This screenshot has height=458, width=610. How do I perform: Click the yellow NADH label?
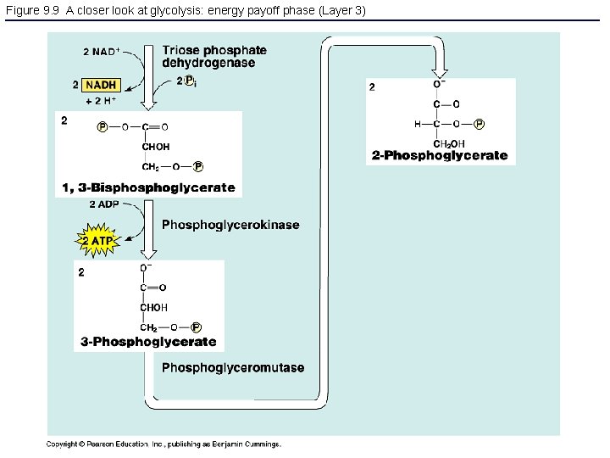[x=100, y=85]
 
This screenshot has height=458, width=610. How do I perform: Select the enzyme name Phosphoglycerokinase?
[x=230, y=225]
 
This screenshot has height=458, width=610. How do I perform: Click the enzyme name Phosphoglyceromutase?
[x=233, y=367]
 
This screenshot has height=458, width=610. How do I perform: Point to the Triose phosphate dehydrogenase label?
[x=214, y=57]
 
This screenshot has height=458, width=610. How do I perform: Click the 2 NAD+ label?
[x=101, y=52]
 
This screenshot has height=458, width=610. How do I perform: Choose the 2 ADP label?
[x=103, y=204]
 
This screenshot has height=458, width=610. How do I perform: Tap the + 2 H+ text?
[x=102, y=101]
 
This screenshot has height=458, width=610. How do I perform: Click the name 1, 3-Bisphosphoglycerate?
[x=149, y=187]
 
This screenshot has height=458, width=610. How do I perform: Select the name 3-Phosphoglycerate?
[x=149, y=342]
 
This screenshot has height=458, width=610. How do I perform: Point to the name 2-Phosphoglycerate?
[x=440, y=155]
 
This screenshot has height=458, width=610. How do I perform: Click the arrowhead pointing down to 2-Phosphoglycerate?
[x=440, y=68]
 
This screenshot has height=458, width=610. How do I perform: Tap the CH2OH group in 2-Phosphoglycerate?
[x=449, y=143]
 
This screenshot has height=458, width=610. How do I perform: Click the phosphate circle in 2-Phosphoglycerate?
[x=480, y=124]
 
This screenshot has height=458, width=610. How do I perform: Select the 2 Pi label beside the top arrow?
[x=186, y=81]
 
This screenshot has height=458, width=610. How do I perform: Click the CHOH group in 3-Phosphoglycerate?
[x=154, y=307]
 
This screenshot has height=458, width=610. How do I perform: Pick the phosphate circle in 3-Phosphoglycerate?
[x=196, y=327]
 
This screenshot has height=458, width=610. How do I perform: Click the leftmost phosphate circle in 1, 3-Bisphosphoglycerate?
[x=103, y=127]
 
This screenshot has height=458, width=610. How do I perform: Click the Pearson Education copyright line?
[x=163, y=444]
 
